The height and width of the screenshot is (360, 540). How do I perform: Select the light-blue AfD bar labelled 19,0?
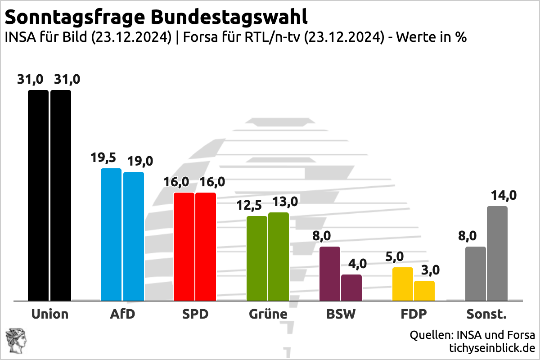(x=134, y=236)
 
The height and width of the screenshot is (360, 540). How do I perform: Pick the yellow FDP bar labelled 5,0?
(x=403, y=283)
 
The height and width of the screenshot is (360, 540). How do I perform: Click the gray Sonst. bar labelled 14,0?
(x=497, y=253)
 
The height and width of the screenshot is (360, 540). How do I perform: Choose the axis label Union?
(x=49, y=314)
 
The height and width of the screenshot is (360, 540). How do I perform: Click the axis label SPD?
(x=195, y=314)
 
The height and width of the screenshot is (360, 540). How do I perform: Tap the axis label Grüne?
(x=268, y=314)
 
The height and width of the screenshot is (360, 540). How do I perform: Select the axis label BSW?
(x=341, y=314)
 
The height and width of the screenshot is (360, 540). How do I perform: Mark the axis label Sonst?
(x=486, y=314)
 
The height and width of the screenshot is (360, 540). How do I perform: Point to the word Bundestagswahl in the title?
(x=229, y=18)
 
